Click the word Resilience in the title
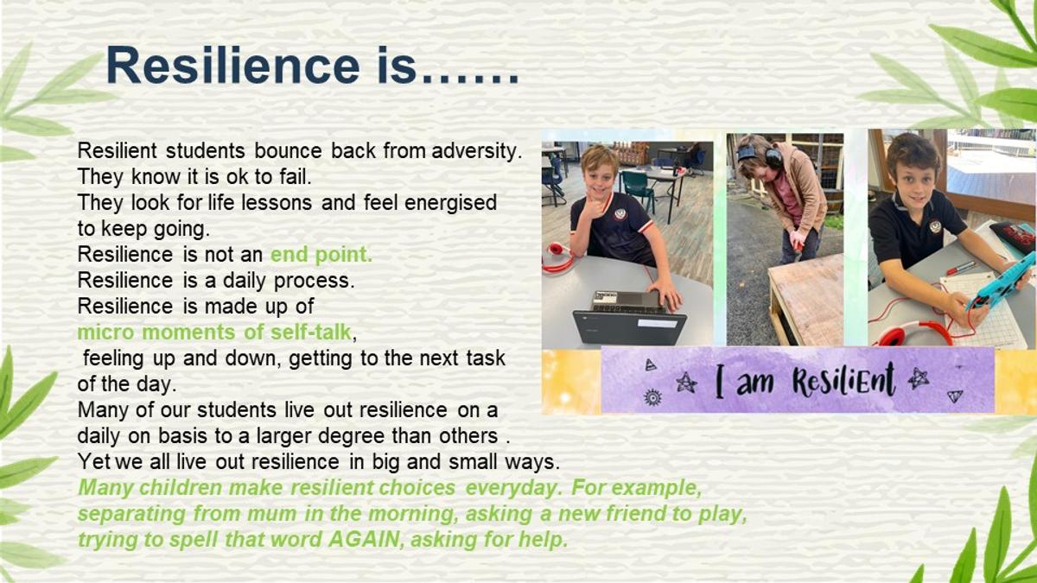tap(232, 66)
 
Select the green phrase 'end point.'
tap(321, 255)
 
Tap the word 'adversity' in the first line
tap(477, 151)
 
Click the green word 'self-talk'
tap(311, 333)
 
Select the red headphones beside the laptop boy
tap(558, 257)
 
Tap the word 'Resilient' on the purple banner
tap(843, 380)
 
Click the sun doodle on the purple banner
tap(652, 397)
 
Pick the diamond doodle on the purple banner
tap(955, 396)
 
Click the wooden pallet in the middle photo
tap(806, 301)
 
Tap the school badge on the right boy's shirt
tap(935, 226)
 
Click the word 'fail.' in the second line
tap(296, 177)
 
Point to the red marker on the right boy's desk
tap(962, 268)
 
